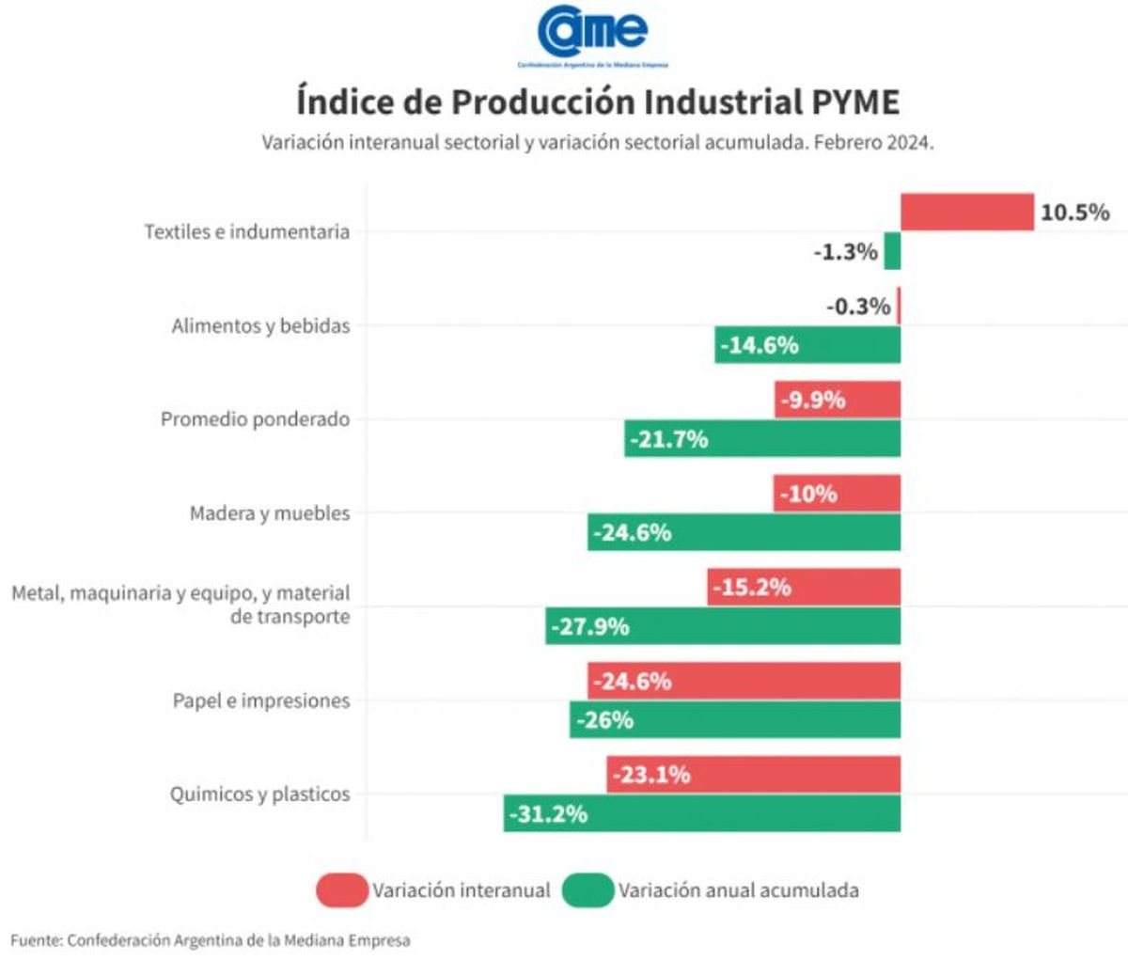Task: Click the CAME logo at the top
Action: (592, 33)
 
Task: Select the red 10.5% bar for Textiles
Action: (967, 212)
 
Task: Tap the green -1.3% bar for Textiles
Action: (892, 251)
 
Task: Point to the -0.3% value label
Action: (858, 307)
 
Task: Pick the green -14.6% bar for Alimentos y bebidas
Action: (807, 345)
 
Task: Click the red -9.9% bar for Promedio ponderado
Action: (838, 400)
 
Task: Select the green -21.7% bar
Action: (762, 438)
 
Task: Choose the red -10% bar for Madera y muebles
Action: (837, 494)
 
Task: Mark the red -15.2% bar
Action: (804, 588)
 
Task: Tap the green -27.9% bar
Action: (723, 626)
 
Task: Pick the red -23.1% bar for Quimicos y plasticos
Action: (753, 775)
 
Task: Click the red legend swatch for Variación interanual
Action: (341, 890)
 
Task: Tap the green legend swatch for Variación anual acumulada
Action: (587, 890)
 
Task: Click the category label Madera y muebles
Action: (270, 513)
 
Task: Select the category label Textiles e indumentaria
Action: (246, 231)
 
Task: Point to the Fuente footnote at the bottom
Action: (211, 939)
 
